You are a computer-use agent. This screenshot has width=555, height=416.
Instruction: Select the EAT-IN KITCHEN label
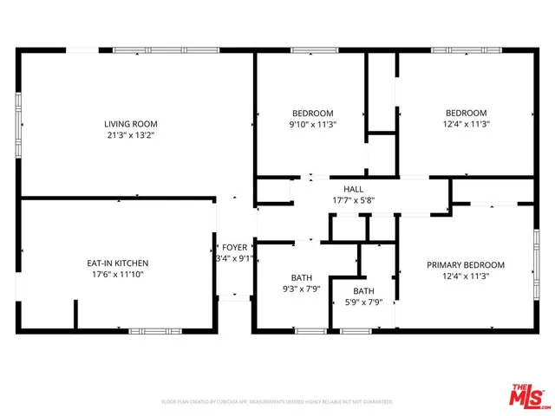pyautogui.click(x=118, y=263)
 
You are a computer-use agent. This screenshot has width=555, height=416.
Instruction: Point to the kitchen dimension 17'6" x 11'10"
pyautogui.click(x=118, y=274)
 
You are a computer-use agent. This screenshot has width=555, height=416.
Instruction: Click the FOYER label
pyautogui.click(x=234, y=247)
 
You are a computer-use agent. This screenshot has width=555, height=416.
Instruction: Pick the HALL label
pyautogui.click(x=353, y=189)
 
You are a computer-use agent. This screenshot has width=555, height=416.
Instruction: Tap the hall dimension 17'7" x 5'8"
pyautogui.click(x=353, y=200)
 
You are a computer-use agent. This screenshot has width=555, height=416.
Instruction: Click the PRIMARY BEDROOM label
pyautogui.click(x=466, y=265)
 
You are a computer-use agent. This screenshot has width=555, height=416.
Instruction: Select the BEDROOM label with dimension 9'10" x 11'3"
pyautogui.click(x=312, y=113)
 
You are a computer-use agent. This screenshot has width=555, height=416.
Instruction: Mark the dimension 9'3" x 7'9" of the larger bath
pyautogui.click(x=300, y=289)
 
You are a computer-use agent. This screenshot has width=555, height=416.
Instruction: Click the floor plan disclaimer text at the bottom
pyautogui.click(x=277, y=402)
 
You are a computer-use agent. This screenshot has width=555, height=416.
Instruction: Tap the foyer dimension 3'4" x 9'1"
pyautogui.click(x=234, y=258)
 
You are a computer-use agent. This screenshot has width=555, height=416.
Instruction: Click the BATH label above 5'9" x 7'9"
pyautogui.click(x=363, y=291)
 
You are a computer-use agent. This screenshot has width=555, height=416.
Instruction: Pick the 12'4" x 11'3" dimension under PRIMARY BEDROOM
pyautogui.click(x=466, y=276)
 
